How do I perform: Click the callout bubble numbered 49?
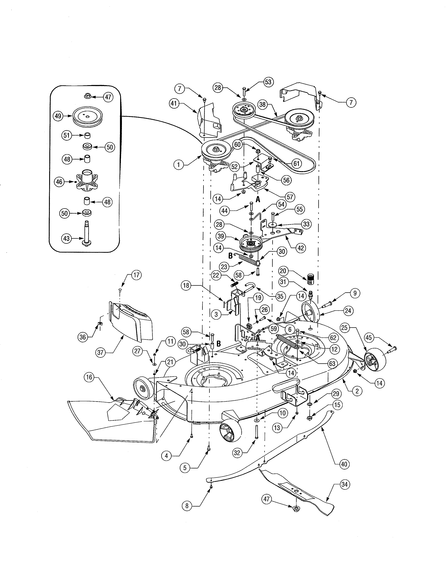tap(58, 116)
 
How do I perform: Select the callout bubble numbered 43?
tap(66, 238)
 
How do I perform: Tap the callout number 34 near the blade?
tap(344, 484)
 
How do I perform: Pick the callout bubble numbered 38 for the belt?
tap(262, 104)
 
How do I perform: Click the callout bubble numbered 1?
tap(178, 165)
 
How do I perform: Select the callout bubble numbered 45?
tap(368, 337)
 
